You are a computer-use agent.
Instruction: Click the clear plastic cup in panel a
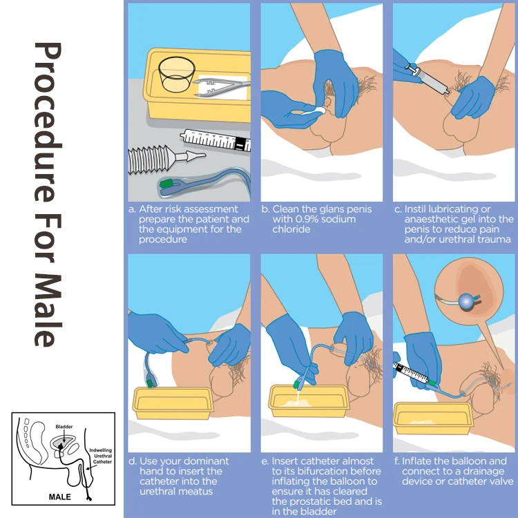pos(176,75)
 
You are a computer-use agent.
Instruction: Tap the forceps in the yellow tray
pos(221,87)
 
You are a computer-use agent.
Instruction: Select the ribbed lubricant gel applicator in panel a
pos(165,159)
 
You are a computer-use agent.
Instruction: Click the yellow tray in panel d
pos(173,403)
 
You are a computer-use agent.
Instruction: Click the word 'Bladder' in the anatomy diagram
pos(64,427)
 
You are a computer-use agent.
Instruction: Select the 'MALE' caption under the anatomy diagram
pos(60,497)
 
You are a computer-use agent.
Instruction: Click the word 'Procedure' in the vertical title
pos(48,122)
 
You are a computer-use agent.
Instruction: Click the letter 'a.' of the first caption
pos(132,209)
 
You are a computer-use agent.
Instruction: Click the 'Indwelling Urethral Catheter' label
pos(101,456)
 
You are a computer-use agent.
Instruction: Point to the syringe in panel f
pos(412,373)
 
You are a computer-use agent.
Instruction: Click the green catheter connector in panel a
pos(167,183)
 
